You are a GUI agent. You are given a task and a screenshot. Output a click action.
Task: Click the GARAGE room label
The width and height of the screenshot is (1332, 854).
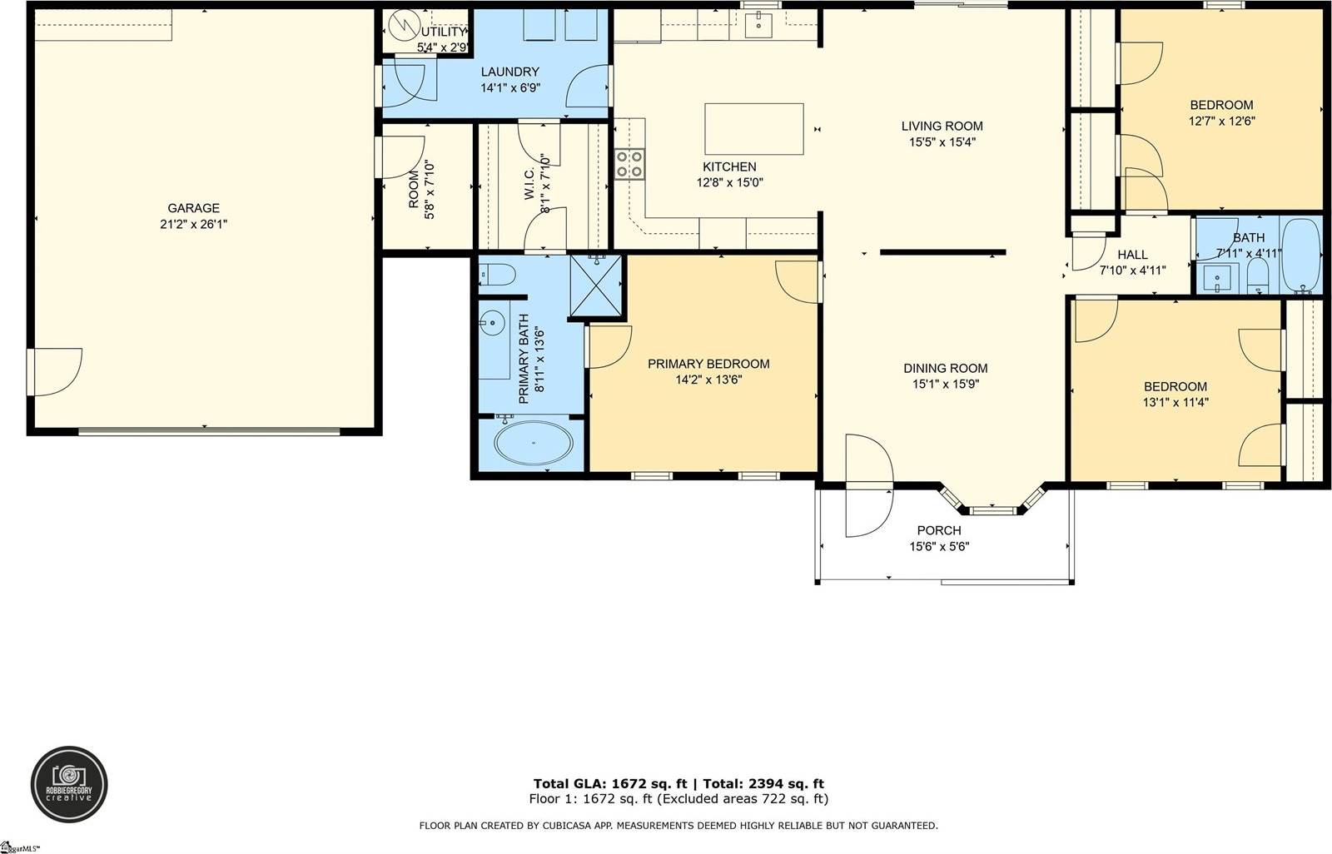tap(193, 208)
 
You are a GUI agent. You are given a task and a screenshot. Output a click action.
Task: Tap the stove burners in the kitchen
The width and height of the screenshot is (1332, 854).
tap(629, 164)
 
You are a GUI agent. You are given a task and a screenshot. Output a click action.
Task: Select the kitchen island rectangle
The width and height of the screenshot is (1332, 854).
tap(754, 129)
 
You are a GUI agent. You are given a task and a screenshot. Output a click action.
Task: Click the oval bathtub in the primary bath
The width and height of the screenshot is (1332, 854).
tap(534, 443)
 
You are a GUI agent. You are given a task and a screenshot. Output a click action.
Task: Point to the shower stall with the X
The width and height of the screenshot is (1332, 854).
tap(596, 286)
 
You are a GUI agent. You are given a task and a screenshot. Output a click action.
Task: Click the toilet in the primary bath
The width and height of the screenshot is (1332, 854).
tap(498, 275)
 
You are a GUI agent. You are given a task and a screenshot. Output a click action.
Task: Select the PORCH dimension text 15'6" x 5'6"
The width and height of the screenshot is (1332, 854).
tap(939, 547)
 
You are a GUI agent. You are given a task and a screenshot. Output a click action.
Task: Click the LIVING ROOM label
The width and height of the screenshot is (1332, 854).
tap(942, 127)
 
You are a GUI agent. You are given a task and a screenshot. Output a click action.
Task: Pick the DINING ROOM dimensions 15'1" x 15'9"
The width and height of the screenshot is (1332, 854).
tap(945, 384)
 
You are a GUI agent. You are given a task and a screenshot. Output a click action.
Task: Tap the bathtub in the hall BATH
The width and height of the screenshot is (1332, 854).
tap(1300, 255)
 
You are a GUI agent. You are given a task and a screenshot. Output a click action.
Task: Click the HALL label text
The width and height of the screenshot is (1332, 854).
tap(1132, 255)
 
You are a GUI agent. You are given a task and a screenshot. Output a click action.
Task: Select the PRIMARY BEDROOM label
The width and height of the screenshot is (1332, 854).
tap(708, 364)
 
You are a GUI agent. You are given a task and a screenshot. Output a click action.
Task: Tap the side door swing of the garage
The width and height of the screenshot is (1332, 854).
tap(55, 371)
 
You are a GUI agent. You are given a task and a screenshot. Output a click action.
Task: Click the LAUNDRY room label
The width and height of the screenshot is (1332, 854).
tap(509, 72)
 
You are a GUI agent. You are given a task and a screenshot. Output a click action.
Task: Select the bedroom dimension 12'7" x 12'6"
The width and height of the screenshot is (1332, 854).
tap(1221, 121)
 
